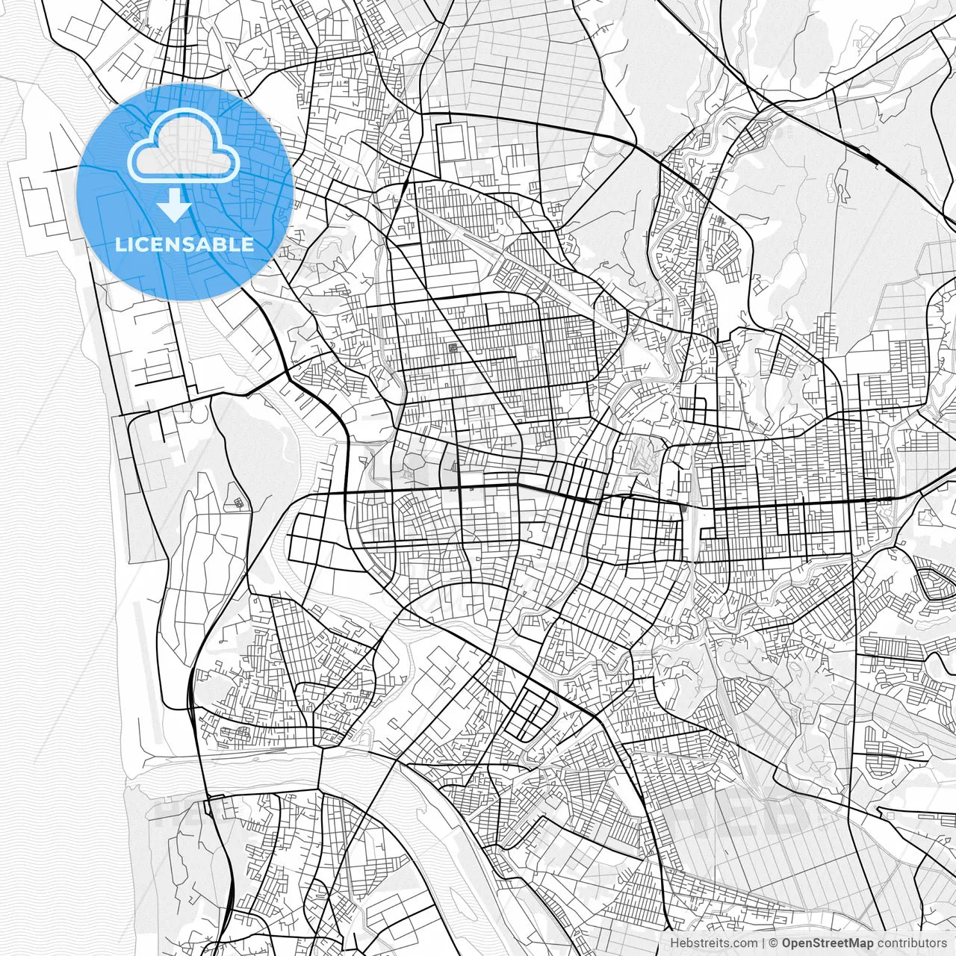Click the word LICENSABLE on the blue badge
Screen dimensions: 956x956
[x=184, y=245]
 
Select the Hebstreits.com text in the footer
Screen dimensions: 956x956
[x=713, y=943]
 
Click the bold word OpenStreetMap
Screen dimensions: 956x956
[x=828, y=943]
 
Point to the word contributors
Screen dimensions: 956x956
[x=912, y=943]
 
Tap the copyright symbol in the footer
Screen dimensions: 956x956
[x=774, y=943]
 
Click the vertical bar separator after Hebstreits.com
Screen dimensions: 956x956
[x=763, y=943]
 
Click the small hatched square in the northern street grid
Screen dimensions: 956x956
[x=453, y=348]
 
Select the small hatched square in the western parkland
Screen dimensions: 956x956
[x=238, y=503]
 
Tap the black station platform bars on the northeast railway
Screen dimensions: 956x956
[x=871, y=156]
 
